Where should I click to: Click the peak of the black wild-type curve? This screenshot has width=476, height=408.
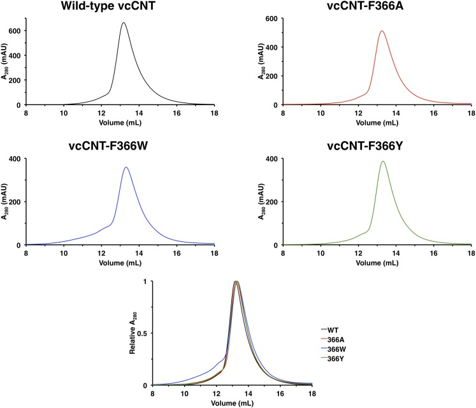coord(123,24)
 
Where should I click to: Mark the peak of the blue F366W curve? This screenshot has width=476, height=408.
coord(126,167)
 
